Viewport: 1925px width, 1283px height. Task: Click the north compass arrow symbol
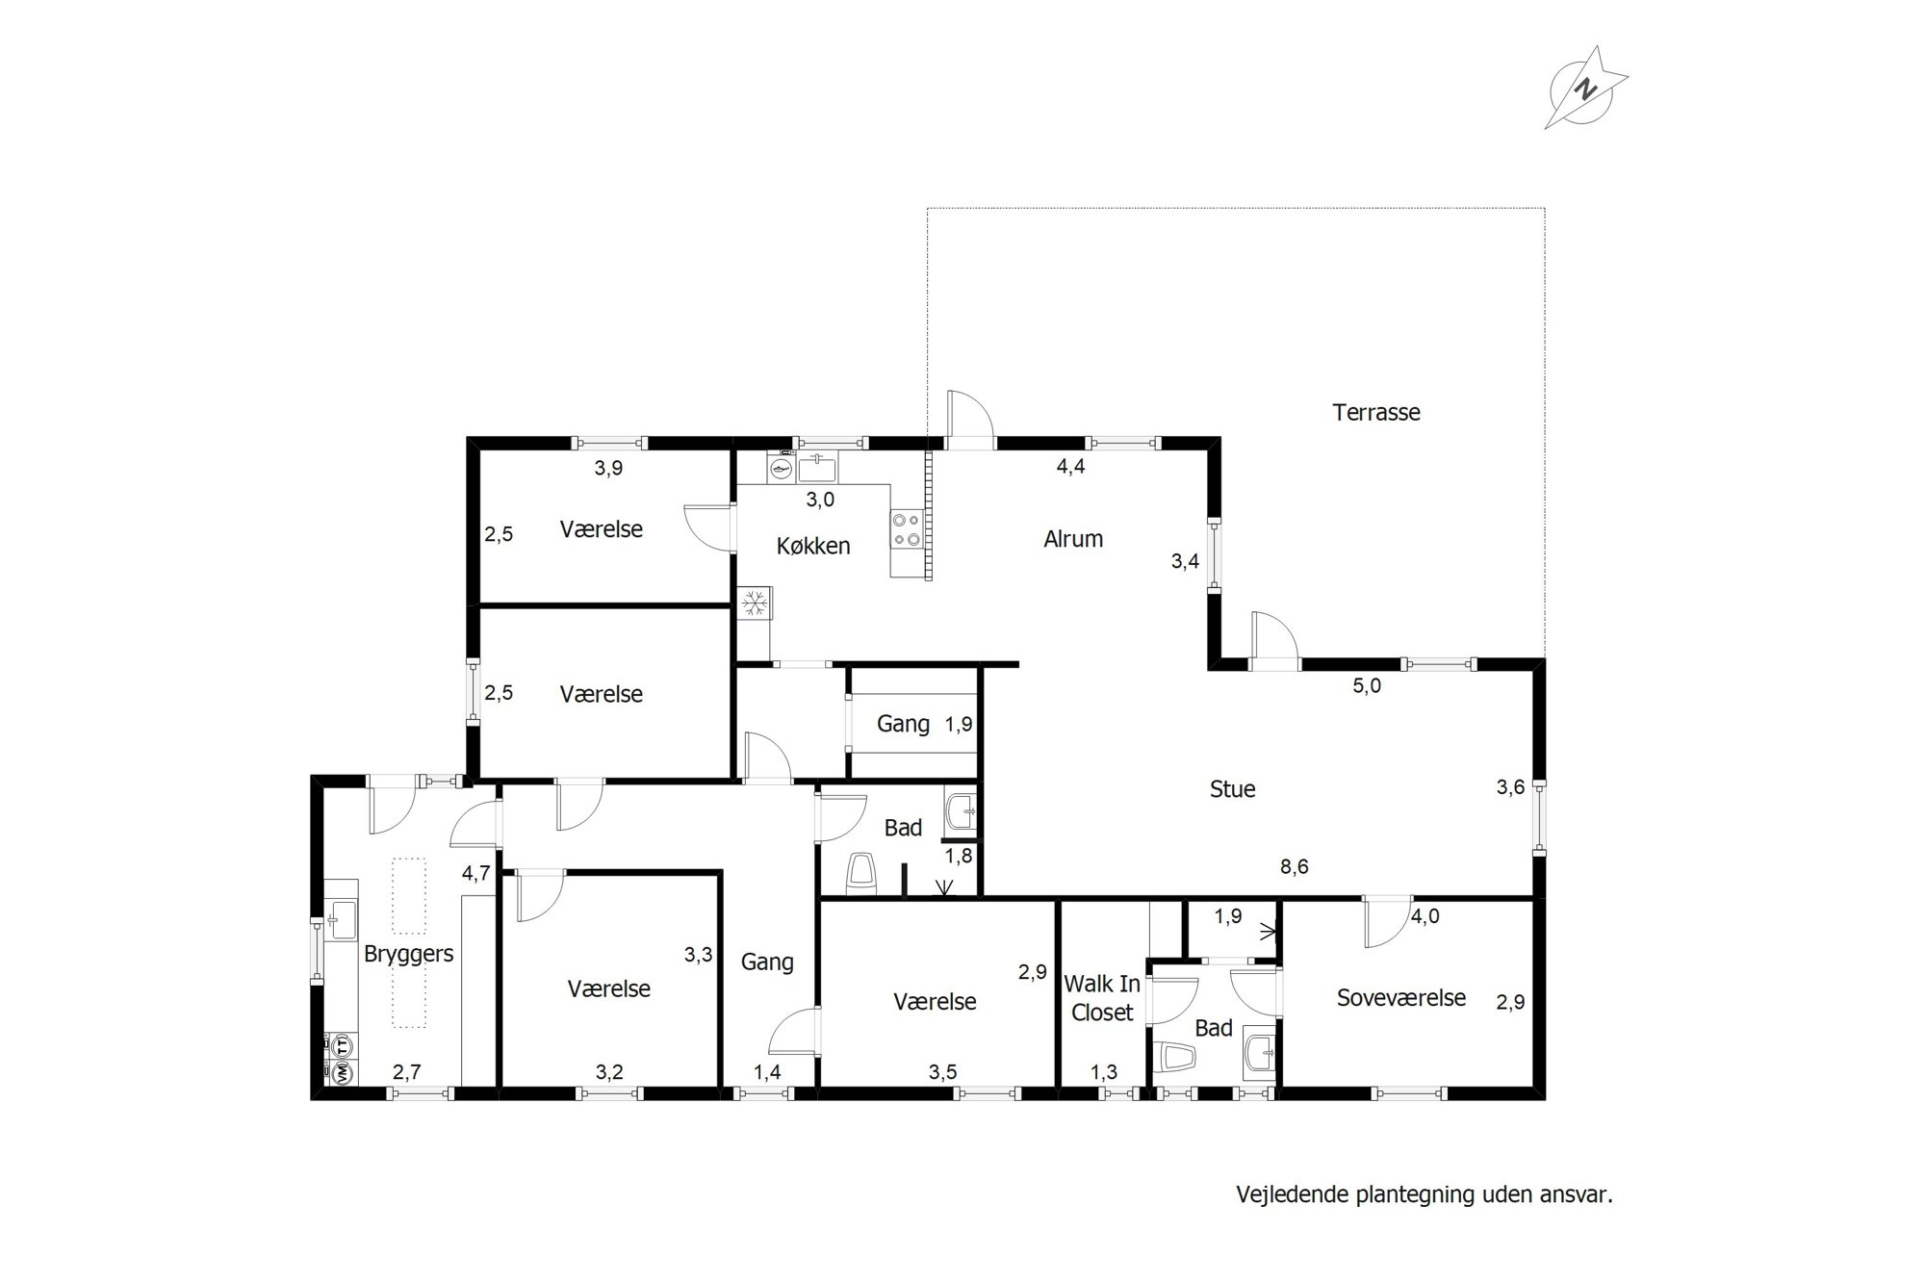(1585, 89)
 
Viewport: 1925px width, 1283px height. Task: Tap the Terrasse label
(1376, 412)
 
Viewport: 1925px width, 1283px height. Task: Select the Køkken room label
(813, 546)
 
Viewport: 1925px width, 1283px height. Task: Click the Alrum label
(1073, 539)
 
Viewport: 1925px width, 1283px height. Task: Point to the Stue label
(1233, 789)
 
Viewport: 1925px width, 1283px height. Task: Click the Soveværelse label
(1401, 997)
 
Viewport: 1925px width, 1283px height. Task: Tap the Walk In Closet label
(1102, 998)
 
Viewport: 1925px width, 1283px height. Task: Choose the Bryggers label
(408, 955)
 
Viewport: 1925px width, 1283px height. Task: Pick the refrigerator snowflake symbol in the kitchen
(754, 603)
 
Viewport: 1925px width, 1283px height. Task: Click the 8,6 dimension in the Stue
(1294, 867)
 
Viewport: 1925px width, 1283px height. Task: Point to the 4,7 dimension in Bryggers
(475, 874)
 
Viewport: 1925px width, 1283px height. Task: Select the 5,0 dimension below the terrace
(1367, 686)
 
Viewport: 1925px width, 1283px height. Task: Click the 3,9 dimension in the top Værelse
(608, 469)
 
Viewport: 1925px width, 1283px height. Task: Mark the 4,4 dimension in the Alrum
(1071, 467)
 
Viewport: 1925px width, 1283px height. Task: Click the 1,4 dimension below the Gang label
(767, 1072)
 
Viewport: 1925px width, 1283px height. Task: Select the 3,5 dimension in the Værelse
(943, 1072)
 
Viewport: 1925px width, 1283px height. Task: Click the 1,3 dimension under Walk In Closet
(1104, 1072)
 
